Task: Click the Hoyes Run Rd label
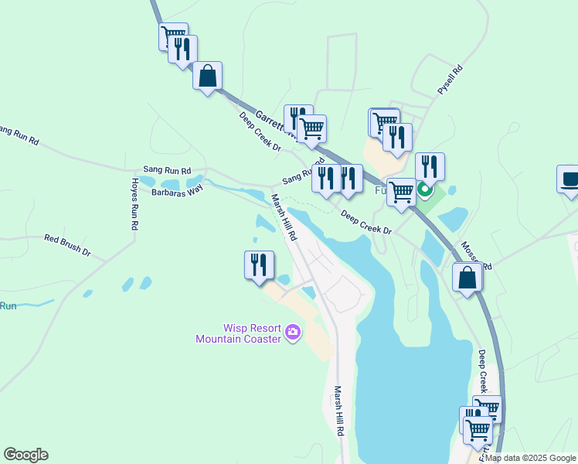coord(134,204)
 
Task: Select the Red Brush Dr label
coord(67,245)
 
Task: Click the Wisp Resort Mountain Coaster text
coord(238,333)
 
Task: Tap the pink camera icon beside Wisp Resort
coord(292,333)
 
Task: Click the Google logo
coord(25,455)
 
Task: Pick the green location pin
coord(423,189)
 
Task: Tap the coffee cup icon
coord(570,179)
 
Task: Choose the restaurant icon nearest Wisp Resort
coord(259,264)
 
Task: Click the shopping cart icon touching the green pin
coord(401,192)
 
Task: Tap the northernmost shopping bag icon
coord(207,76)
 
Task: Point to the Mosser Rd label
coord(476,254)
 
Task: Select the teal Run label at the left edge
coord(8,306)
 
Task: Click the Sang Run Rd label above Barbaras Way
coord(166,169)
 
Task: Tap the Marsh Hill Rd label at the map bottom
coord(338,411)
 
